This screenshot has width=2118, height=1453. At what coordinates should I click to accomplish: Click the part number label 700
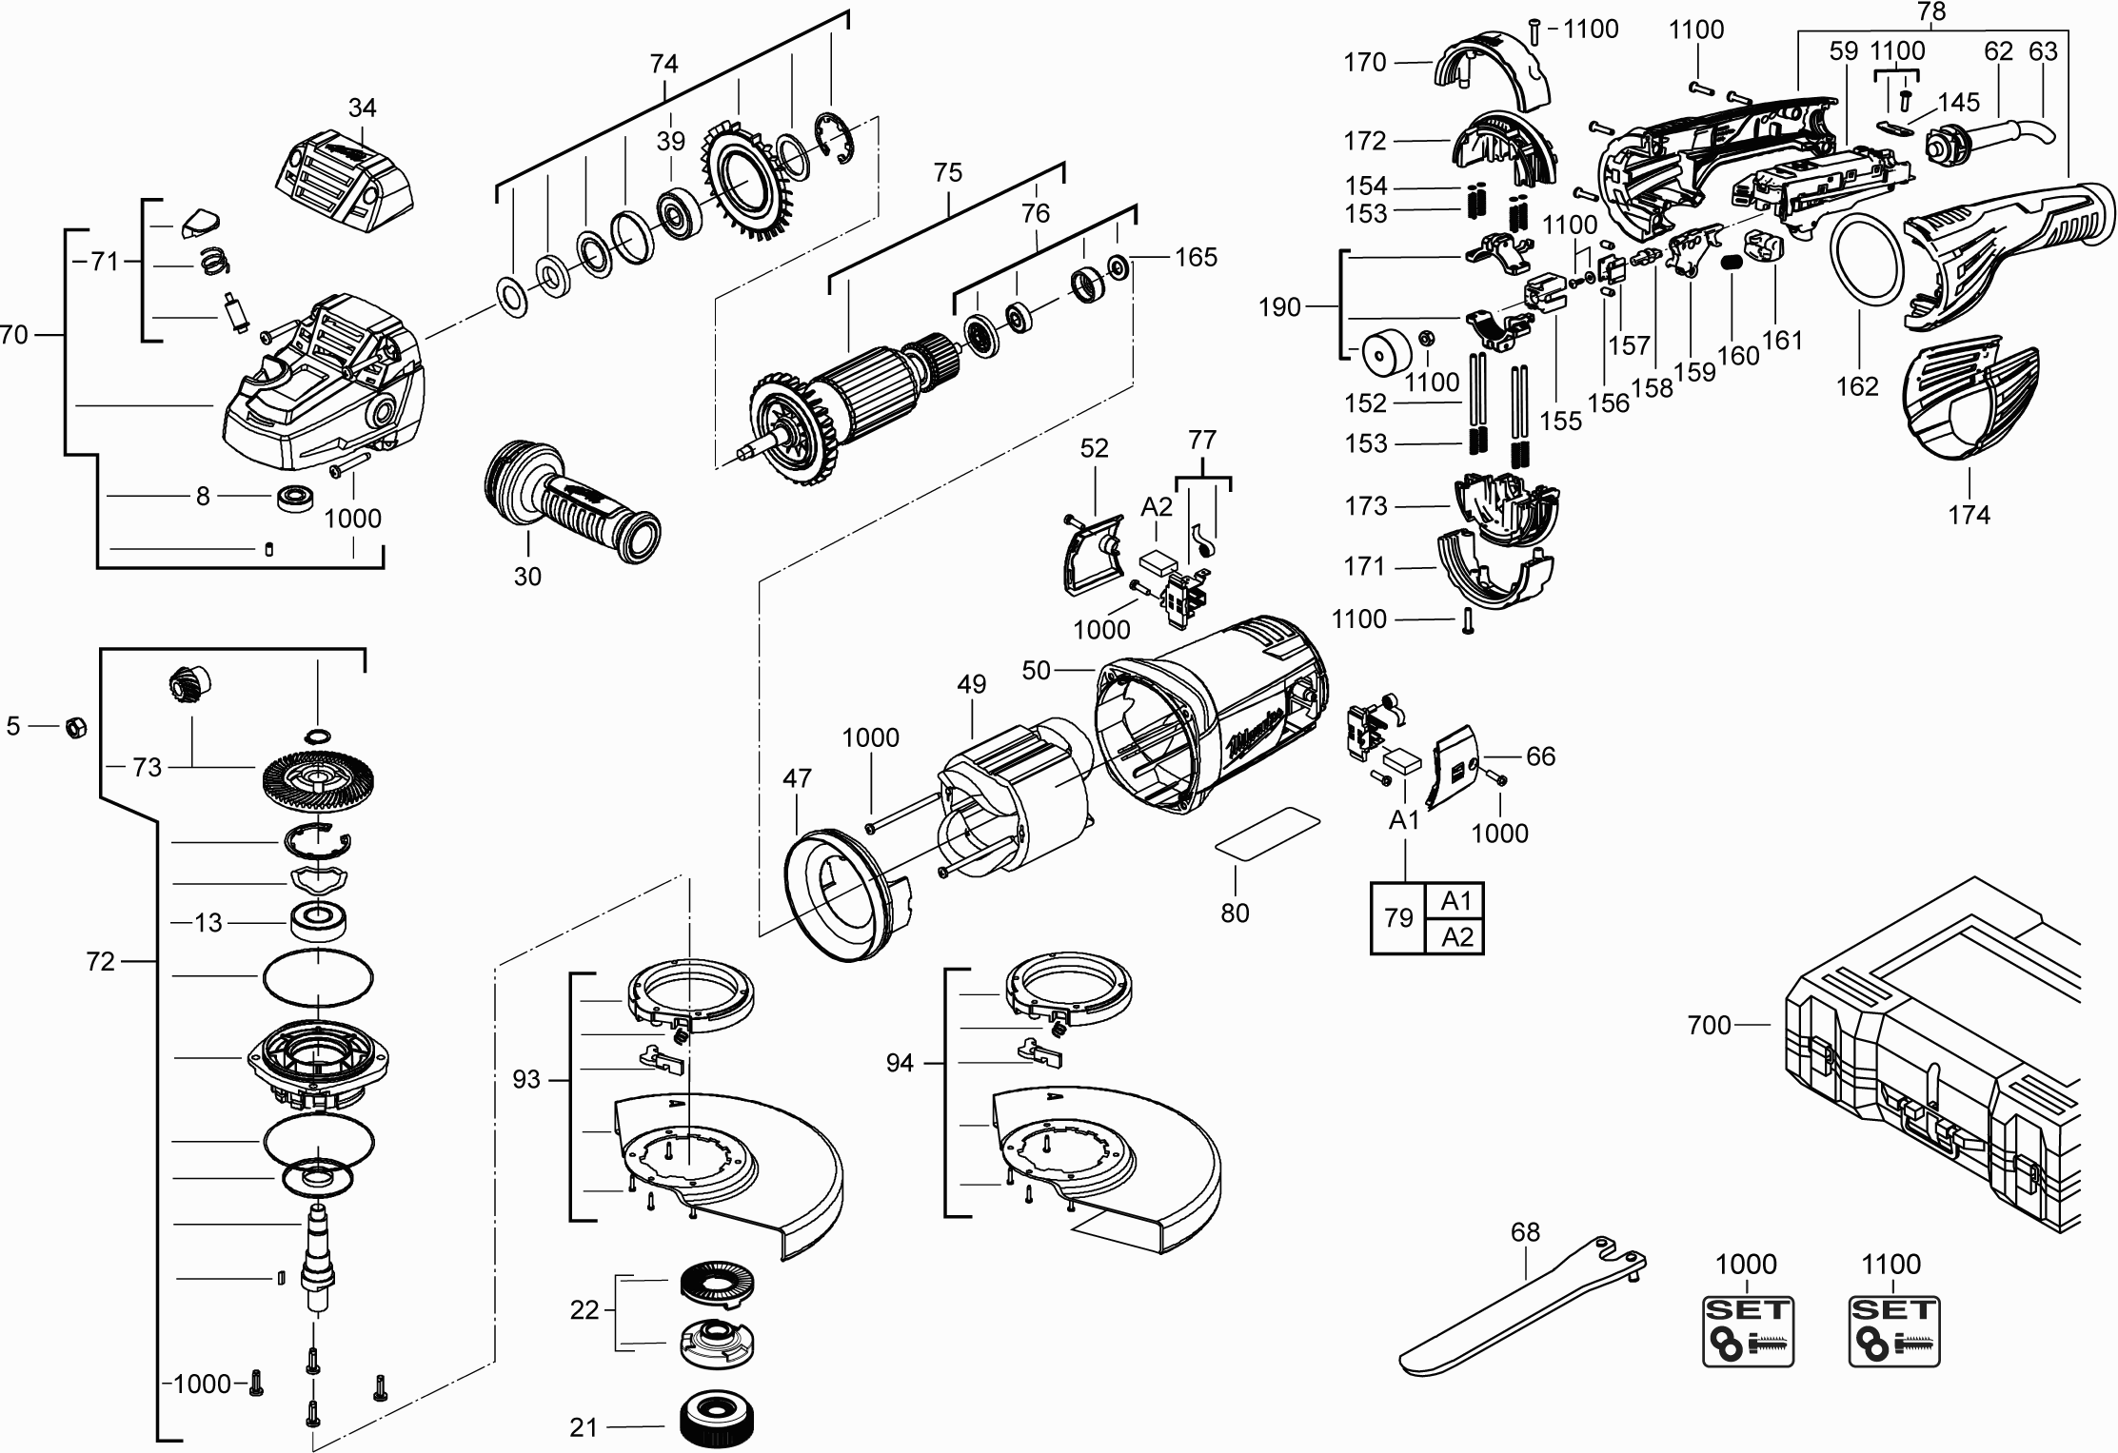coord(1709,1026)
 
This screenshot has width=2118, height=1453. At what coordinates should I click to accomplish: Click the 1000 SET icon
coord(1747,1345)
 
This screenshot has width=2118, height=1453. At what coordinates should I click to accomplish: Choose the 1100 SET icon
coord(1893,1345)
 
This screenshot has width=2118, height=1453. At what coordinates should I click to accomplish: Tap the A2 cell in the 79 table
coord(1456,937)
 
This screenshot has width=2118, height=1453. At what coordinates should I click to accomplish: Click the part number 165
coord(1196,257)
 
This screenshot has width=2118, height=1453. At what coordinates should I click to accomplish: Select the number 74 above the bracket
coord(663,64)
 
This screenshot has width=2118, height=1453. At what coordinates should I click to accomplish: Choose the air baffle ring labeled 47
coord(842,894)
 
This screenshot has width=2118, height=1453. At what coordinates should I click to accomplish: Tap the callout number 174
coord(1969,515)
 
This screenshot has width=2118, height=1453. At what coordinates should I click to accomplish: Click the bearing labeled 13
coord(317,921)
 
